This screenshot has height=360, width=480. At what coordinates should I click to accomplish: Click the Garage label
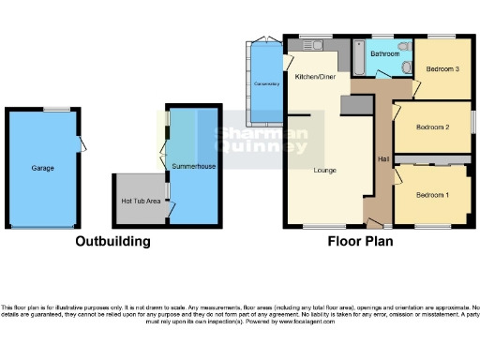coord(42,169)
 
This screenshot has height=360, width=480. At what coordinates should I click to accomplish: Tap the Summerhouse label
coord(194,166)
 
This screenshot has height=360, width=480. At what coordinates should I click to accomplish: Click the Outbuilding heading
coord(112,241)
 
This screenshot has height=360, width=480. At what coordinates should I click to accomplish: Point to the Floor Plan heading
coord(360,241)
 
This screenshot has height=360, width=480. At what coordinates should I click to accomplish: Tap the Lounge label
coord(324,171)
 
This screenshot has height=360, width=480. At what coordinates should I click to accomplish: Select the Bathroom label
coord(384,54)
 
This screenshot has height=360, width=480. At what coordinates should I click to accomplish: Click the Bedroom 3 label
coord(443,68)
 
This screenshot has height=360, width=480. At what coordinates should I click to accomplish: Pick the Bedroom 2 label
coord(433,127)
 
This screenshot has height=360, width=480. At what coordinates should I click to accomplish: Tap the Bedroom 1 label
coord(432,194)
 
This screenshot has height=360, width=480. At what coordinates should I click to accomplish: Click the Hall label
coord(383,157)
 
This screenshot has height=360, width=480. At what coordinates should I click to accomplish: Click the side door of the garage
coord(82,144)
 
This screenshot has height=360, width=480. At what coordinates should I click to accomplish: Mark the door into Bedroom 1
coord(398,173)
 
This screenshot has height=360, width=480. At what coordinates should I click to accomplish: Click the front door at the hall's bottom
coord(375,224)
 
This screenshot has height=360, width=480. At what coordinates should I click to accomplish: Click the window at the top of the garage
coord(61,109)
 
